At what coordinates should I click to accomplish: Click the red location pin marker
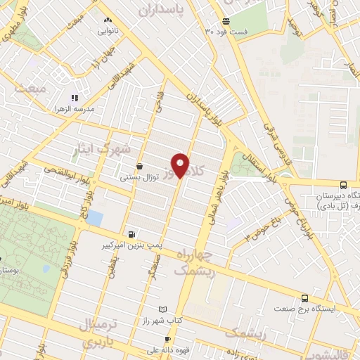coord(181,165)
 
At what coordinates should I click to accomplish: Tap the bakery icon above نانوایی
coord(107,20)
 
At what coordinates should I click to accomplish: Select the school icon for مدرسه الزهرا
coord(75,98)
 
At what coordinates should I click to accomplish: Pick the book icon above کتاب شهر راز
coord(163,309)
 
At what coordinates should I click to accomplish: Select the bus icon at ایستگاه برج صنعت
coord(304,297)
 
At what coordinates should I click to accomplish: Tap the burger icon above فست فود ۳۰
coord(225,20)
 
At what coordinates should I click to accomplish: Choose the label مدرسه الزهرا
coord(75,110)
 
